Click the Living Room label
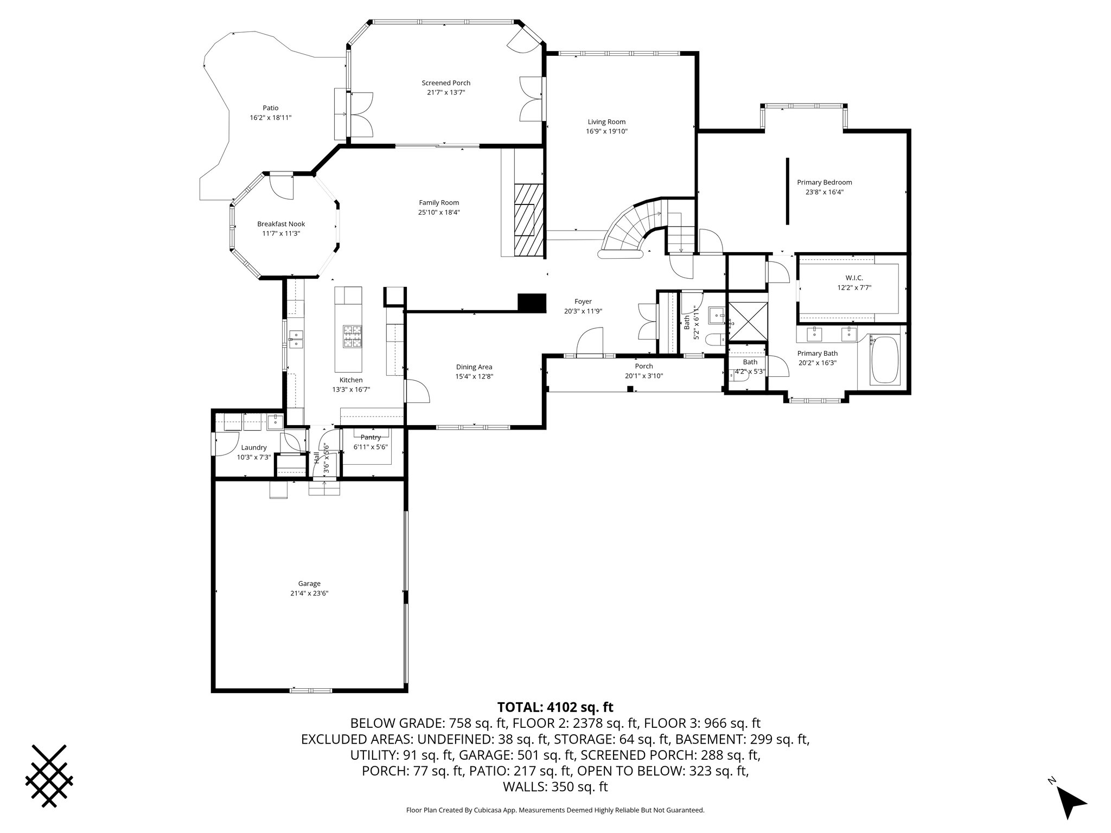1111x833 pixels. pos(606,122)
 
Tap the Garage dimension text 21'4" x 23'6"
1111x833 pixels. pos(309,593)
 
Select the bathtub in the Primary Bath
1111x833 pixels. pos(884,361)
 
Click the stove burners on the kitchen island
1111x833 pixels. pos(352,336)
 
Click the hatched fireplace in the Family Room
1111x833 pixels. pos(529,219)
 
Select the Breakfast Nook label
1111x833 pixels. pos(281,224)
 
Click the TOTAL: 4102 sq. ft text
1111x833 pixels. pos(555,707)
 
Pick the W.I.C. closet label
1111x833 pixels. pos(854,278)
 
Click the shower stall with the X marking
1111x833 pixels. pos(747,322)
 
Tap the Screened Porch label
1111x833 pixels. pos(446,83)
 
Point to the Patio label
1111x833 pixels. pos(271,108)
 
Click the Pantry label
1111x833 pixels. pos(371,437)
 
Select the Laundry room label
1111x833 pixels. pos(254,447)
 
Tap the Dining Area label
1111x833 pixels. pos(474,367)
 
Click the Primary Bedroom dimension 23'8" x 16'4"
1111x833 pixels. pos(824,192)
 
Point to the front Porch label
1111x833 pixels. pos(644,366)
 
